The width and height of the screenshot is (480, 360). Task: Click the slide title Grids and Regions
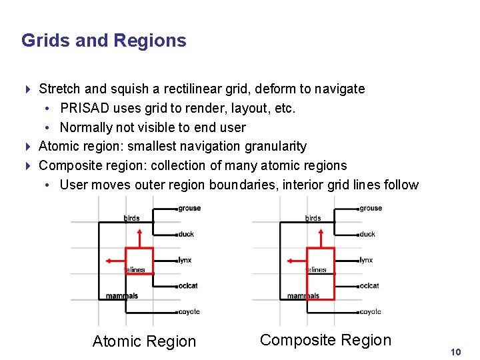(x=103, y=41)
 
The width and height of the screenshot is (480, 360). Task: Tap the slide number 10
(x=456, y=351)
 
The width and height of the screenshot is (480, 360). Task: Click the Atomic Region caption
(x=144, y=341)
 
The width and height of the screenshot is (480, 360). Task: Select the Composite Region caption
(x=325, y=340)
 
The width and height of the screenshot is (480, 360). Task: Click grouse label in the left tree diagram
(x=189, y=208)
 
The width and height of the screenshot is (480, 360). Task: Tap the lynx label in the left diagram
(x=185, y=260)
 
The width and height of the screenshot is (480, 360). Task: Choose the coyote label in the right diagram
(x=370, y=311)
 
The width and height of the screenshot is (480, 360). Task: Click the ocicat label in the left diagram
(x=188, y=286)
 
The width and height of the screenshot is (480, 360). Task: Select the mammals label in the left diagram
(x=122, y=296)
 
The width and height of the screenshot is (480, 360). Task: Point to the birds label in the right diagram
(x=313, y=218)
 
